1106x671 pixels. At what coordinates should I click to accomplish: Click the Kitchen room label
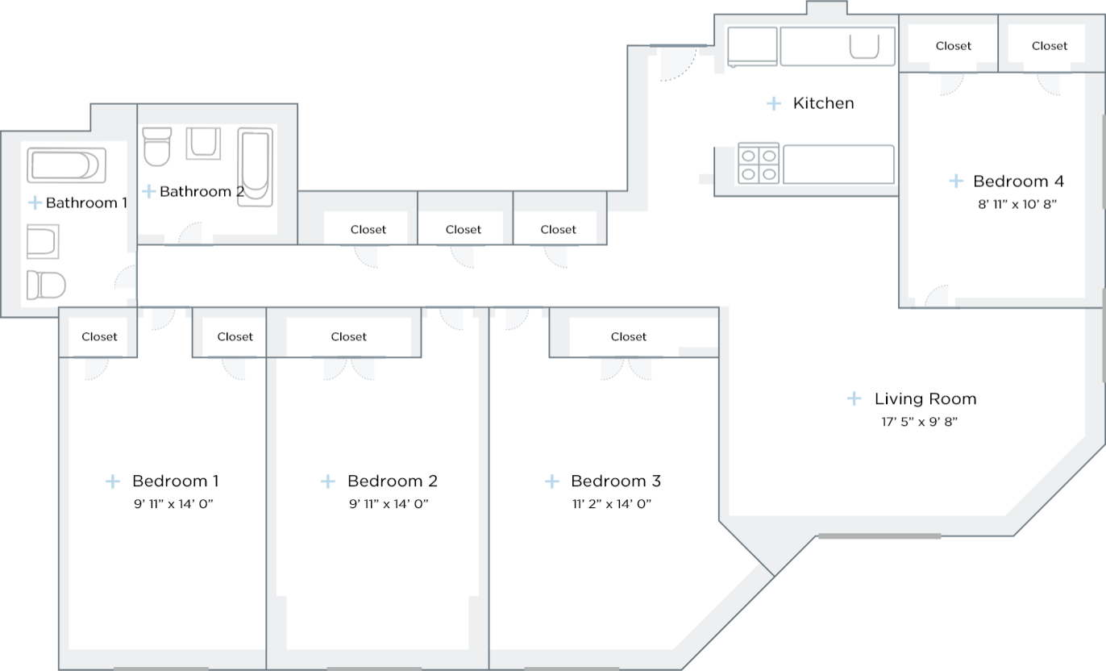click(x=823, y=103)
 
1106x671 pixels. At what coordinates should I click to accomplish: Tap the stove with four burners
click(x=759, y=164)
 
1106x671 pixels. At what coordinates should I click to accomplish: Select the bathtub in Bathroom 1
click(x=66, y=165)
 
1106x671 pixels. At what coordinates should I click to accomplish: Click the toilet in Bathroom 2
click(x=156, y=145)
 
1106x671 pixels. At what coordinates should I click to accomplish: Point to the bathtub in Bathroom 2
click(x=255, y=167)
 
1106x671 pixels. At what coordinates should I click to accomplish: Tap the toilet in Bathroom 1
click(x=45, y=285)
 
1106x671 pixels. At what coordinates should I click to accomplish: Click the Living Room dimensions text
click(x=918, y=421)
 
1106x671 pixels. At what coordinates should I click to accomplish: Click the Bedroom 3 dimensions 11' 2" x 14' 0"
click(x=610, y=504)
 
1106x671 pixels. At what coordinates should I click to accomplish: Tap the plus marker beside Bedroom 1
click(x=113, y=481)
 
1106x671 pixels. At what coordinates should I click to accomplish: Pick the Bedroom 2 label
click(x=392, y=481)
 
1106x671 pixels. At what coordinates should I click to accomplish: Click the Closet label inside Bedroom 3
click(x=629, y=337)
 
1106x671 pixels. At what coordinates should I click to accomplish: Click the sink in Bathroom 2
click(x=203, y=143)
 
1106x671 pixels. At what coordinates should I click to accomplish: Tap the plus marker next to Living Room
click(x=854, y=398)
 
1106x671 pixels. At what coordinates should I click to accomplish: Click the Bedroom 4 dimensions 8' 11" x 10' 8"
click(x=1017, y=205)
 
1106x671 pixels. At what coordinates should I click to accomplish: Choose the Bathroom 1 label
click(x=86, y=202)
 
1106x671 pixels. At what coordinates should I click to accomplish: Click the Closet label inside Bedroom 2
click(x=349, y=337)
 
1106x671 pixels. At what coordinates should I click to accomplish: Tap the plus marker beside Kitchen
click(x=774, y=103)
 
